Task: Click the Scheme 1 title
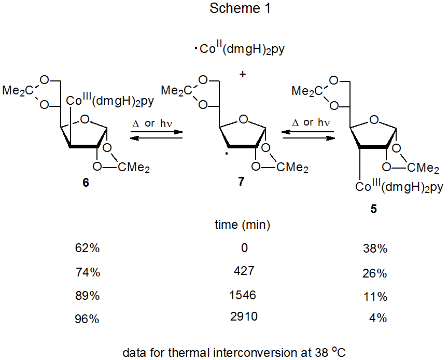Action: (x=241, y=8)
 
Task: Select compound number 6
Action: (x=86, y=184)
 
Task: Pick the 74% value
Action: (x=87, y=273)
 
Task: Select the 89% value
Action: (x=87, y=296)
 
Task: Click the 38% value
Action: (x=375, y=248)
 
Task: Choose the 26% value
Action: (x=375, y=273)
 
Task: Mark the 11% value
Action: (x=375, y=296)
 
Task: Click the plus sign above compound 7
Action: (x=242, y=74)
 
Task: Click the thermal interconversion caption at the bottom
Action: (x=234, y=352)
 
